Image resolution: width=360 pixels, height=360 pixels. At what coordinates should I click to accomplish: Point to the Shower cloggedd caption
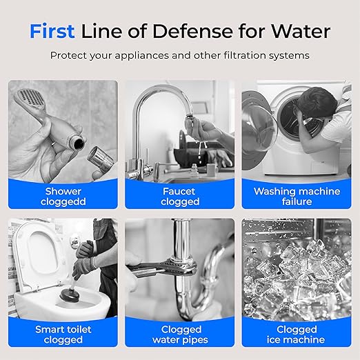63,197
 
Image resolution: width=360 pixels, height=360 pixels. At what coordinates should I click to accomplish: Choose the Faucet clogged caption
179,197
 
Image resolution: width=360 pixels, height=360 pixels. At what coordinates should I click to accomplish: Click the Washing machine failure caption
297,197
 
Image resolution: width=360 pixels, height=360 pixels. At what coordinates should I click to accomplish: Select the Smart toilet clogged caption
63,334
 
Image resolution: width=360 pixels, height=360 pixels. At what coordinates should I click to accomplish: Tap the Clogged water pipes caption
180,334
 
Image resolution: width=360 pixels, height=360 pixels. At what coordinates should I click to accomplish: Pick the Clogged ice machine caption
297,334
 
